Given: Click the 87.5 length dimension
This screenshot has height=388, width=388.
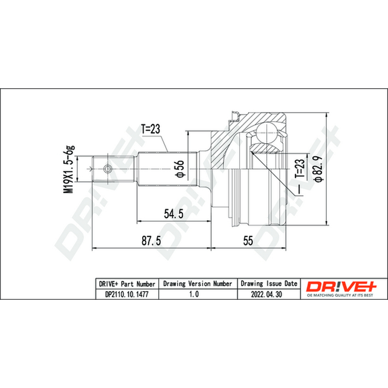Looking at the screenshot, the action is point(151,241).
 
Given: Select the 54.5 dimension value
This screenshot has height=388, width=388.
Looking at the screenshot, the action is point(174,214).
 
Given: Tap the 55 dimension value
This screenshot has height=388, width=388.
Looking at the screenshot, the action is point(248,241).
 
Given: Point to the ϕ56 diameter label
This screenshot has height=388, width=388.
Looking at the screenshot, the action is point(180,168).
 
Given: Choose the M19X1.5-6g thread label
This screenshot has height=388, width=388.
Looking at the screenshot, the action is point(69,169).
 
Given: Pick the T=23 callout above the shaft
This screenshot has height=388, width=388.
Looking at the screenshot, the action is point(151,129).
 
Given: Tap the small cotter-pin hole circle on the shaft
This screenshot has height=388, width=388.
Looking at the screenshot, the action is point(107,169).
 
